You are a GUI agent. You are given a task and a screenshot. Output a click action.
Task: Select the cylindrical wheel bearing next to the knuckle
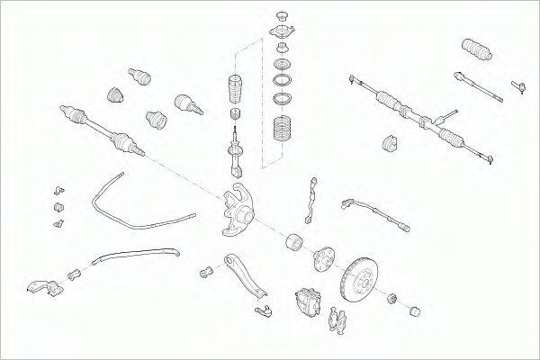click(294, 241)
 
